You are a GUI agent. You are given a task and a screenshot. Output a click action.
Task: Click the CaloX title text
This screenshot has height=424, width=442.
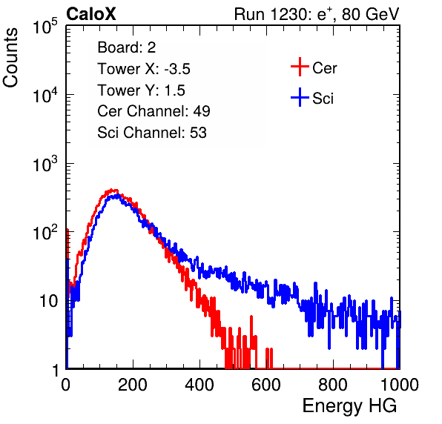(x=91, y=14)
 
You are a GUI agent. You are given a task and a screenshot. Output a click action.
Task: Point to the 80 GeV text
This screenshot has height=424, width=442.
(x=371, y=14)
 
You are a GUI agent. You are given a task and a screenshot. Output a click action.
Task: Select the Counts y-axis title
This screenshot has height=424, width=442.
(x=10, y=58)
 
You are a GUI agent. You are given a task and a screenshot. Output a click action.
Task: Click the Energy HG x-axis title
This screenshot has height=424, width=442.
(x=349, y=405)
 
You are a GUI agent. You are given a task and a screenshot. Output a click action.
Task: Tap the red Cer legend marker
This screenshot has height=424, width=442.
(x=300, y=67)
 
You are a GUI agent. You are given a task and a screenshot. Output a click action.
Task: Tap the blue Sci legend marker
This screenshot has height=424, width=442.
(x=300, y=97)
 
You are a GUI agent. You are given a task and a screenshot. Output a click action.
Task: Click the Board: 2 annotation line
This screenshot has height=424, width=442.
(x=127, y=47)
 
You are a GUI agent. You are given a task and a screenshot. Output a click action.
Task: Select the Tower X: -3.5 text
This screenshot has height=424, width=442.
(x=144, y=69)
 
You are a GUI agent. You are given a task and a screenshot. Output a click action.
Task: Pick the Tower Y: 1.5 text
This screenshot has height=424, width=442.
(x=141, y=90)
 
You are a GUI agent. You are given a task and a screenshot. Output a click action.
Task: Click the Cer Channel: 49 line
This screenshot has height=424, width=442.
(x=154, y=111)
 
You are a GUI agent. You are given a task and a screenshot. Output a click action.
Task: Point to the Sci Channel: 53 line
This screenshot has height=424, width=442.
(x=152, y=133)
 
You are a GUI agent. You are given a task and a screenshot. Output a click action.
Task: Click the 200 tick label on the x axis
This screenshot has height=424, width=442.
(x=133, y=385)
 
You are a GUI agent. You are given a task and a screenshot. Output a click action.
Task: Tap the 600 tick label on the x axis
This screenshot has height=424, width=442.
(x=266, y=385)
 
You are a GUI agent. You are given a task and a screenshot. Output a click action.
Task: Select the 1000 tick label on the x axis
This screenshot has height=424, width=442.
(x=400, y=385)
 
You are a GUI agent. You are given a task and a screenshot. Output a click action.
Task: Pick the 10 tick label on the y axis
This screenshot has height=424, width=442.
(x=48, y=301)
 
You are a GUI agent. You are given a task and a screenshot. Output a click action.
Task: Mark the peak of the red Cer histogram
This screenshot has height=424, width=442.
(x=112, y=190)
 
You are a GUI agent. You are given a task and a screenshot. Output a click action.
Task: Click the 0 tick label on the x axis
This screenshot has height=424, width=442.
(x=66, y=385)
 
